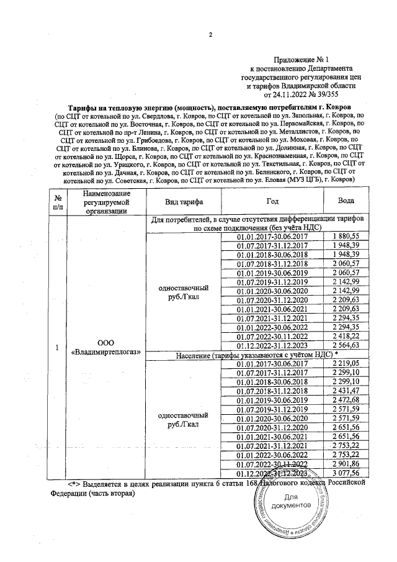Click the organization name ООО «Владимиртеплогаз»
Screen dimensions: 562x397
coord(105,347)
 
